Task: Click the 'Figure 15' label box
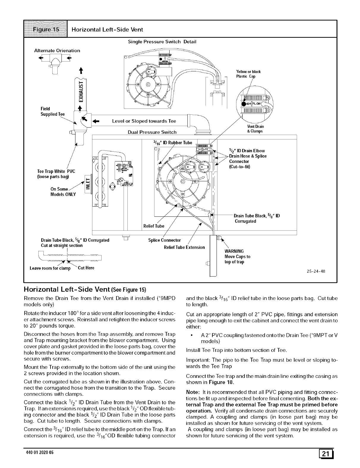46,29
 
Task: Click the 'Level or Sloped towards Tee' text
144,121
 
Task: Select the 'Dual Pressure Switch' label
152,132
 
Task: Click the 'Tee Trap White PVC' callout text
56,171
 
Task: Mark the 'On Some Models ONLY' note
63,192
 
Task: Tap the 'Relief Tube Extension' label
184,247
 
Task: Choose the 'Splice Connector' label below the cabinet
164,240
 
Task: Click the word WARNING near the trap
234,251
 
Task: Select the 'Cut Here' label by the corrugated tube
86,268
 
